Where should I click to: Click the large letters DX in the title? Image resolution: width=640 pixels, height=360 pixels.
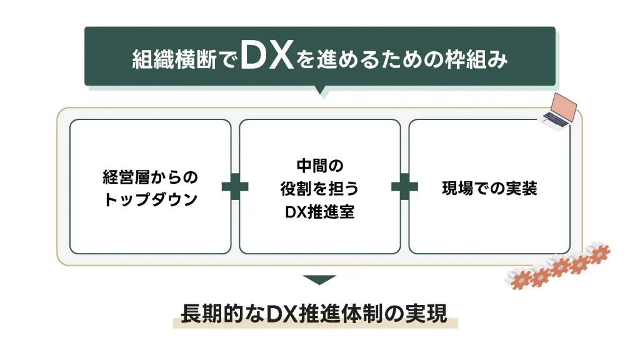(266, 57)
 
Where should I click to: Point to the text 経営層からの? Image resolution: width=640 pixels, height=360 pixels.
(150, 177)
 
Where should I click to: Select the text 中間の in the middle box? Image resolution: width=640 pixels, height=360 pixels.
(319, 166)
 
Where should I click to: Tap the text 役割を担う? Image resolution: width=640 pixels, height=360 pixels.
(319, 189)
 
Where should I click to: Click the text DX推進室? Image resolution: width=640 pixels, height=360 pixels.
(319, 212)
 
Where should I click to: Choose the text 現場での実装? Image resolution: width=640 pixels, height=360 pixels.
(489, 189)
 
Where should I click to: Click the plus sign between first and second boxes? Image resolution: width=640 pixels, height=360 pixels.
(235, 187)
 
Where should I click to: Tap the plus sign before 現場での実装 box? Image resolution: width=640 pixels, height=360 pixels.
(404, 187)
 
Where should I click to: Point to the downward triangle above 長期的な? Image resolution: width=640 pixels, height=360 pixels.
(319, 279)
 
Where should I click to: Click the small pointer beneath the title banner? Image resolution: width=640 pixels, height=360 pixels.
(320, 91)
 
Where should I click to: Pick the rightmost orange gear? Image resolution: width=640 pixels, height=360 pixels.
(599, 253)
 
